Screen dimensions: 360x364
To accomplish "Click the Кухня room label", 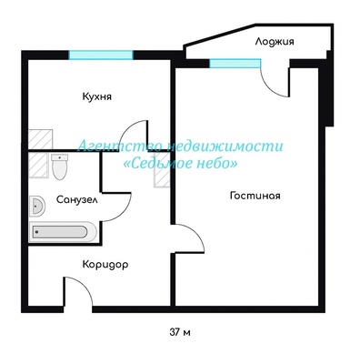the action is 97,96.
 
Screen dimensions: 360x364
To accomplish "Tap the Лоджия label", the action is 275,41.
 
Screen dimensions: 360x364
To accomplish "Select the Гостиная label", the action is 255,196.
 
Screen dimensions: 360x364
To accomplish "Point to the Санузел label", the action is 77,200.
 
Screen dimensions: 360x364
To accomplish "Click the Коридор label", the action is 105,265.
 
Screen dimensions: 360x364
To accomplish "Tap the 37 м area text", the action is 180,332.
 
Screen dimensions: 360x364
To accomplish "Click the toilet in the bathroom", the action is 59,167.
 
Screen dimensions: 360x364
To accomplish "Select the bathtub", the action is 63,232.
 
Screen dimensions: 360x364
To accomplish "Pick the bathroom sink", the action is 37,206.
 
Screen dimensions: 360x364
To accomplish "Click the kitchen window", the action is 101,55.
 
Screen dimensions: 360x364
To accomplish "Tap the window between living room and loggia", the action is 235,64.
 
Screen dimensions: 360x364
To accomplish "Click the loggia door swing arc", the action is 270,86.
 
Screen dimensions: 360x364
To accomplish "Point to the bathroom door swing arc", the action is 123,213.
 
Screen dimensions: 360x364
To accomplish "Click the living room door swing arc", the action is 196,232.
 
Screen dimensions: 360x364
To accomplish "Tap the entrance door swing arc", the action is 85,285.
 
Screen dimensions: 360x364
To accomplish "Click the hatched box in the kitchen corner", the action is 40,139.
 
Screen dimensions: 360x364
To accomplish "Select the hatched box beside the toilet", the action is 38,165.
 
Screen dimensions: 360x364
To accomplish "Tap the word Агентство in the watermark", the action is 121,147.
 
